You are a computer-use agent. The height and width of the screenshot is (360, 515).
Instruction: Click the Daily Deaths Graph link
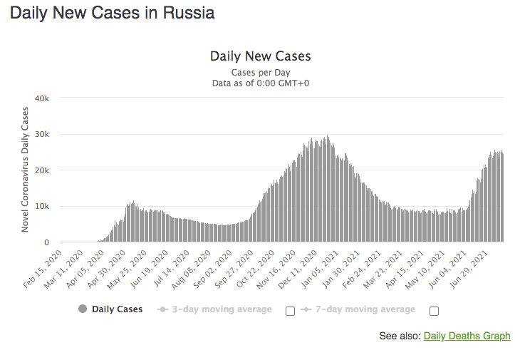(467, 336)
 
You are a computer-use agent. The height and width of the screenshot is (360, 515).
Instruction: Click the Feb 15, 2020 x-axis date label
(43, 269)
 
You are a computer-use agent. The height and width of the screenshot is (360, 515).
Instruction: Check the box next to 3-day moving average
(290, 311)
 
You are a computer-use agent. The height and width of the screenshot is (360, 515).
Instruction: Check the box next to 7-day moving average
(434, 311)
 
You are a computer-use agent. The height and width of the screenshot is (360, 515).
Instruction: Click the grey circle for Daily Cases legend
(82, 309)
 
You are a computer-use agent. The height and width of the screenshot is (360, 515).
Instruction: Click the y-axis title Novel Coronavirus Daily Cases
(25, 169)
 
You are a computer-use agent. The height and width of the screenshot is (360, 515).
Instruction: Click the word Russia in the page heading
(187, 14)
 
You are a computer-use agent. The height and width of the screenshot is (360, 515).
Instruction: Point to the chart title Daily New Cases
(261, 56)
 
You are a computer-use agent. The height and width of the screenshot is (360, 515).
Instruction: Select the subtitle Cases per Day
(261, 73)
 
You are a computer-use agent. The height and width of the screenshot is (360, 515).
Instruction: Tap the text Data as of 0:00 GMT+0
(261, 83)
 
